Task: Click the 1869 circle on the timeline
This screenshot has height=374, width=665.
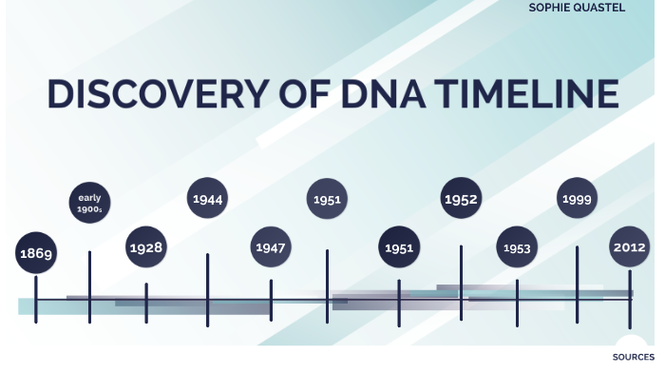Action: coord(36,253)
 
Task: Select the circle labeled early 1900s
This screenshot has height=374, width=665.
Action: coord(89,204)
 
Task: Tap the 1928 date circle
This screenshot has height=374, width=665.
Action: coord(145,247)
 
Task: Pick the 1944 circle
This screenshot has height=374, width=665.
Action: coord(207,199)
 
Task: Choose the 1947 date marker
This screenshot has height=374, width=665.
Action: coord(270,247)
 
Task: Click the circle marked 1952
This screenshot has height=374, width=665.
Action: coord(460,200)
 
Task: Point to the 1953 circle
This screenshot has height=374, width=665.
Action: coord(517,248)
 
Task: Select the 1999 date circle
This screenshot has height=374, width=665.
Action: coord(577,199)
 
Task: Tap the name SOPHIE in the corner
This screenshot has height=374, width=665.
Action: coord(551,7)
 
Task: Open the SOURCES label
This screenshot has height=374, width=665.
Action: coord(633,358)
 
